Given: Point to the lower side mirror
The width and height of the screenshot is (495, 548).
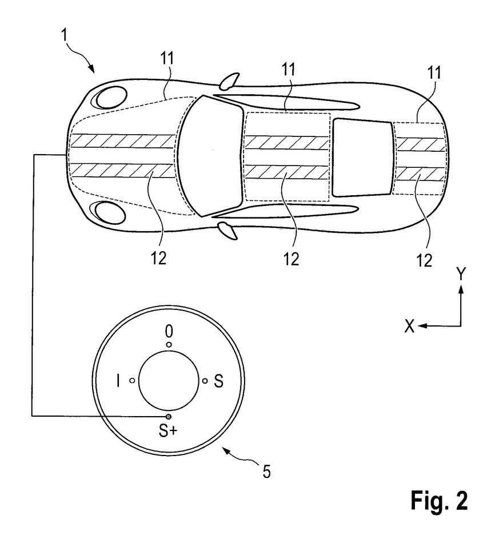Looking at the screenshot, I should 227,230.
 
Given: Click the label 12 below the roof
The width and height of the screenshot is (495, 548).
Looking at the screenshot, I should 291,259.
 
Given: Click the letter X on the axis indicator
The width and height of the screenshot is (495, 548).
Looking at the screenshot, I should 409,326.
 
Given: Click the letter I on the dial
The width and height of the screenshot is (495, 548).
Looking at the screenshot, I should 118,381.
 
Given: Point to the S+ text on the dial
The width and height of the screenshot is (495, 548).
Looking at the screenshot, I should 168,432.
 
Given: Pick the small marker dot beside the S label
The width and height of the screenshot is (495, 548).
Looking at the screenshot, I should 205,381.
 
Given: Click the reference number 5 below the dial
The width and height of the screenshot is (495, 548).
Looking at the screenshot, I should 266,472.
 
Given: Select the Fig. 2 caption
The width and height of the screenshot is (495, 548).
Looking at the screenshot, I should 439,501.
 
